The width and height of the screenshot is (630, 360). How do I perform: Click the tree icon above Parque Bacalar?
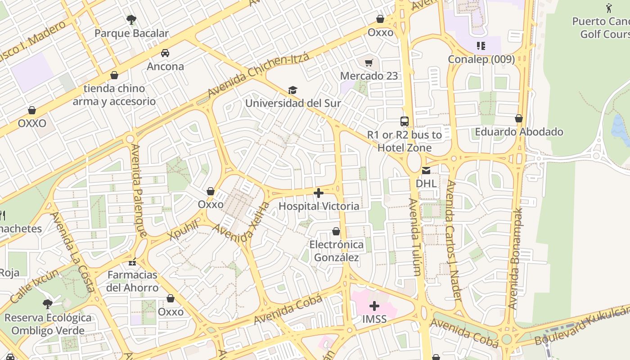pyautogui.click(x=131, y=19)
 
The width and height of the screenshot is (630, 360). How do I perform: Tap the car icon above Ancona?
pyautogui.click(x=165, y=53)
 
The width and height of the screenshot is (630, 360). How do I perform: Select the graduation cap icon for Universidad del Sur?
pyautogui.click(x=292, y=90)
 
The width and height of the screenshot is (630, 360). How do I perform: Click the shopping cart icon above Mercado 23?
pyautogui.click(x=369, y=63)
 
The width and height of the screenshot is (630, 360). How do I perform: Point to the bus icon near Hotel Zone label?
pyautogui.click(x=405, y=121)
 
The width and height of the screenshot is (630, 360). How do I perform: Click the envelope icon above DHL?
pyautogui.click(x=426, y=170)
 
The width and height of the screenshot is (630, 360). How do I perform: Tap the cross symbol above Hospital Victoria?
pyautogui.click(x=319, y=193)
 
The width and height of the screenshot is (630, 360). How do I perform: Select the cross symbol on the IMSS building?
pyautogui.click(x=374, y=306)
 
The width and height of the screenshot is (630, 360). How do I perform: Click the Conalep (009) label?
pyautogui.click(x=481, y=59)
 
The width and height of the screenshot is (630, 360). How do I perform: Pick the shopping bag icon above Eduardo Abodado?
pyautogui.click(x=519, y=118)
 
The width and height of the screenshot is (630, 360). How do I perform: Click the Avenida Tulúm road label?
pyautogui.click(x=415, y=236)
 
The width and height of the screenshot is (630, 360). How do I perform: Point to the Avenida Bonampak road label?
pyautogui.click(x=517, y=258)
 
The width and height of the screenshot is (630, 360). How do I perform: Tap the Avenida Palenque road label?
pyautogui.click(x=139, y=190)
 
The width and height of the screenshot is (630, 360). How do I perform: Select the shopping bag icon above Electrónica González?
pyautogui.click(x=336, y=231)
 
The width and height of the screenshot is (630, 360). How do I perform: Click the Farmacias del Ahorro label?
pyautogui.click(x=132, y=281)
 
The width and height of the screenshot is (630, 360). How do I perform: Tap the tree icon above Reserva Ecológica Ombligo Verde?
pyautogui.click(x=47, y=304)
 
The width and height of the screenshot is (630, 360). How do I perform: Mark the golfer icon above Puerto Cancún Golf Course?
pyautogui.click(x=609, y=8)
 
